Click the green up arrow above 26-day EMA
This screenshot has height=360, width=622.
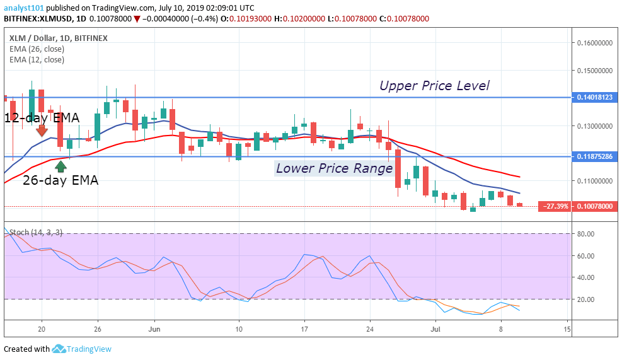coord(61,166)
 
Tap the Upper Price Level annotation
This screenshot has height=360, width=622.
coord(434,86)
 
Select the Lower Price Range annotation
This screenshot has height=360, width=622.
coord(334,168)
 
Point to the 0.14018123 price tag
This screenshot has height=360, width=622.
coord(595,98)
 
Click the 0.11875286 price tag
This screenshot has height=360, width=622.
coord(595,156)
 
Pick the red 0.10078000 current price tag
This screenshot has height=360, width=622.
coord(596,206)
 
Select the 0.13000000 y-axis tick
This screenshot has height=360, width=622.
coord(595,126)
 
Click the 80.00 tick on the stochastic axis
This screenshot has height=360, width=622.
coord(587,234)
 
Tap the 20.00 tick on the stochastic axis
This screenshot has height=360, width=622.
coord(587,299)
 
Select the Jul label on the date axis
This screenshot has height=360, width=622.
coord(435,329)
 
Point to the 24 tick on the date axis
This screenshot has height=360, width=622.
coord(370,329)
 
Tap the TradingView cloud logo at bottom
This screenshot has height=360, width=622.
coord(59,349)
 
